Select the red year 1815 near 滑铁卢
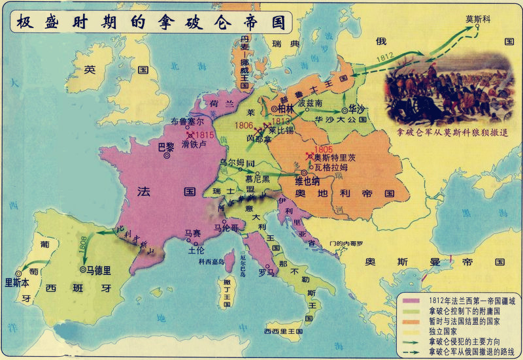tap(203, 134)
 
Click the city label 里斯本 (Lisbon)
tap(18, 282)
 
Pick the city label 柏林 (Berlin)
tap(286, 108)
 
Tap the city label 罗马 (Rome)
tap(265, 272)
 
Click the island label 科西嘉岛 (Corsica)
tap(211, 261)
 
